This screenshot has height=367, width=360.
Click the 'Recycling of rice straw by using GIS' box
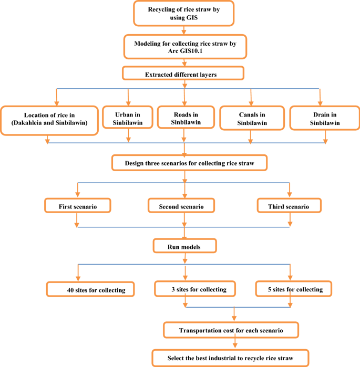pos(184,13)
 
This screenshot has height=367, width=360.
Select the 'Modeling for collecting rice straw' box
pos(184,47)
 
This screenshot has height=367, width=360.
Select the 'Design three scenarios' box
pos(190,163)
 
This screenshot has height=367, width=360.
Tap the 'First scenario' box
pos(77,205)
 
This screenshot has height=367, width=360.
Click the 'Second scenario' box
pos(182,205)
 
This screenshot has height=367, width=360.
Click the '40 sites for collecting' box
pos(90,289)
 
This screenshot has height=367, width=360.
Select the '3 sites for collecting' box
pos(195,289)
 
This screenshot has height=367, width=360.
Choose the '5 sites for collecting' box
pos(295,289)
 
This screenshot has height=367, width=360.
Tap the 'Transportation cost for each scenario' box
pos(232,330)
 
